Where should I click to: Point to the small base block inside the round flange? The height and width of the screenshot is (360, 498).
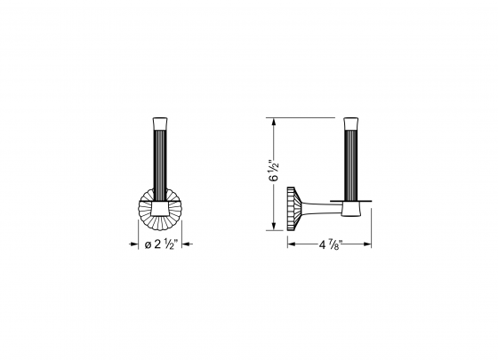point(161,209)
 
